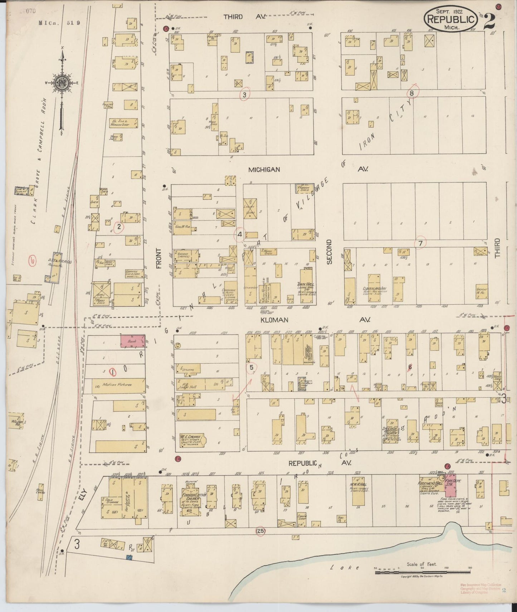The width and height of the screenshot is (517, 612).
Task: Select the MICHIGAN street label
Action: point(264,170)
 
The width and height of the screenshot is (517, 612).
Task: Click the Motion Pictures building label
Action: point(117,385)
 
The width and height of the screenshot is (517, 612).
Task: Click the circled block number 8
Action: point(412,93)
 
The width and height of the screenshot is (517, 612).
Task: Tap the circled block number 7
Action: point(420,243)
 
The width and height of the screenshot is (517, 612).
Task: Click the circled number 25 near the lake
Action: point(260,531)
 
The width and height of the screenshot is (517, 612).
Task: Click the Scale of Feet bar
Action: point(422,572)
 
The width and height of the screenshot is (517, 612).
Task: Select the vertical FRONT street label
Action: point(159,258)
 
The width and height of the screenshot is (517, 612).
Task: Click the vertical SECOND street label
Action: point(329,252)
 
